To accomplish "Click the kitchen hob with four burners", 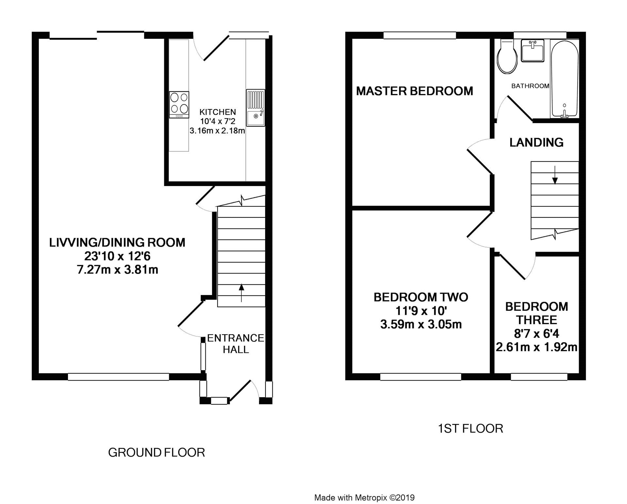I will [179, 104].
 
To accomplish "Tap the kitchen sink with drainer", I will [255, 108].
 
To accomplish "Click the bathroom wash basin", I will [532, 51].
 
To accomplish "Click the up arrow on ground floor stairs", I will [241, 292].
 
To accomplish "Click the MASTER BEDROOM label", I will [414, 91].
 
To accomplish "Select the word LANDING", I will [536, 142].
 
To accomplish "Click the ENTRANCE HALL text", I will [235, 344].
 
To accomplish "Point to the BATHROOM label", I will [530, 86].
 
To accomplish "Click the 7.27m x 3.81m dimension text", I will [118, 270].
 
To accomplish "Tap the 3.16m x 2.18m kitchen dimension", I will [217, 131].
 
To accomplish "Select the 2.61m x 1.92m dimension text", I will [537, 347].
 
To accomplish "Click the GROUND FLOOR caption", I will [156, 452].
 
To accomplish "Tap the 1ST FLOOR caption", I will [470, 428].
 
